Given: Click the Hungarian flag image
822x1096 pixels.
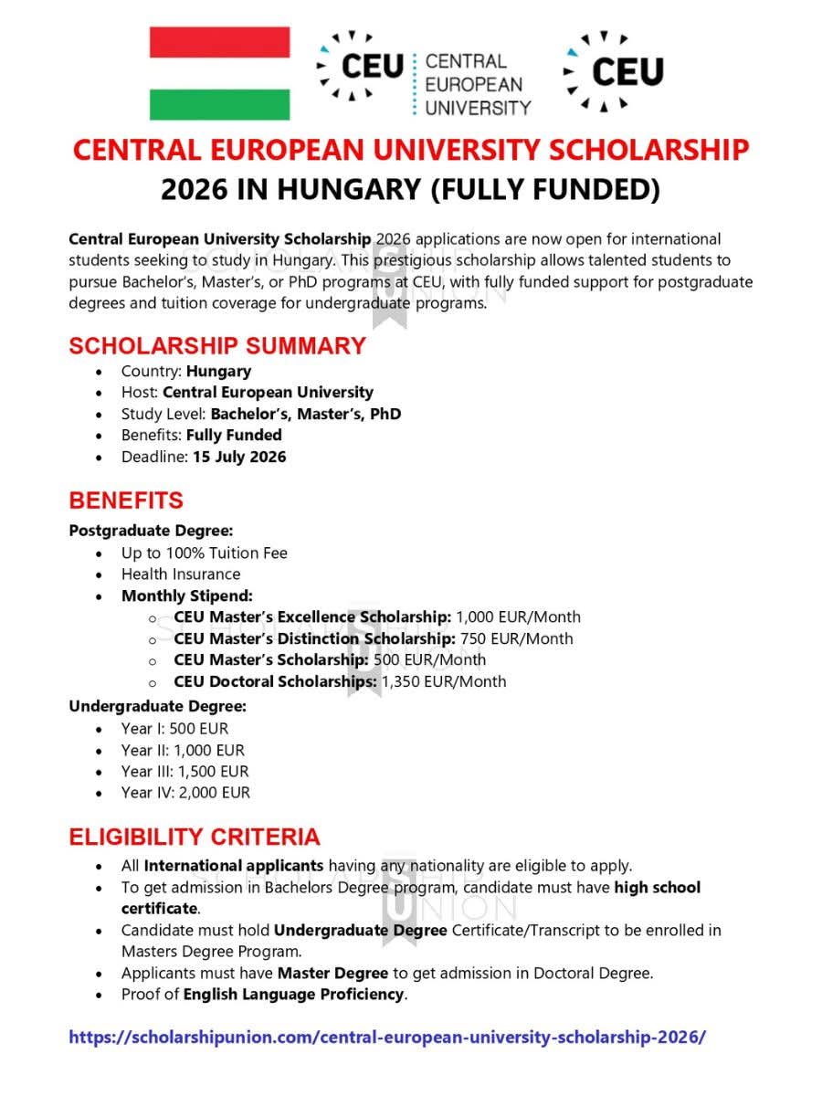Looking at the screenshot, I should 219,73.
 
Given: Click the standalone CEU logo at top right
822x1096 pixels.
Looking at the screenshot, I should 614,70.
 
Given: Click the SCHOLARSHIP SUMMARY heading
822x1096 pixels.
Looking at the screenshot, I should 217,346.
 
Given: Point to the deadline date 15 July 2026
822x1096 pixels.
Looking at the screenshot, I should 239,457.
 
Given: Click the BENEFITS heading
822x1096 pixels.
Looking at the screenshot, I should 126,501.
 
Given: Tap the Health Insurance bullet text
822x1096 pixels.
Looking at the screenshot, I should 181,574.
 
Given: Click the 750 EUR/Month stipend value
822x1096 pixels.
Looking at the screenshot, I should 516,638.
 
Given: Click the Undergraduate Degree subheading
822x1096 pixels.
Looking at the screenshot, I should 157,706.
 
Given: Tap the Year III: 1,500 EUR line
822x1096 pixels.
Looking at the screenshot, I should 184,772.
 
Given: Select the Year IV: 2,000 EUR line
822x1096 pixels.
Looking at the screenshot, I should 184,793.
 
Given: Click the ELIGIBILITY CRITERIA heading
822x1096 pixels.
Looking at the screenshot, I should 195,837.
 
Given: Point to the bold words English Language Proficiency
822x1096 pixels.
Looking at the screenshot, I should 293,994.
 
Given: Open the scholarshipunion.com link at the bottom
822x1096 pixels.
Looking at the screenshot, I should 387,1038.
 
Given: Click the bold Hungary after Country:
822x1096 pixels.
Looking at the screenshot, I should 219,371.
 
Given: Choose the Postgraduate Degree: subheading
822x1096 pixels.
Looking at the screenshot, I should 151,531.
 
